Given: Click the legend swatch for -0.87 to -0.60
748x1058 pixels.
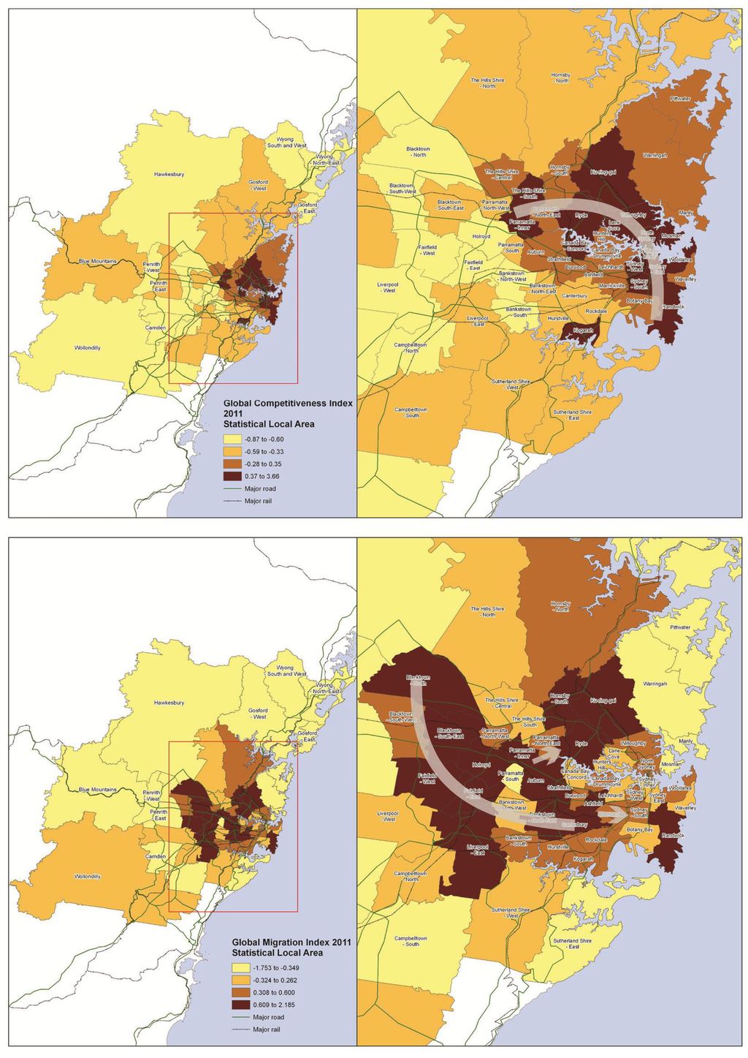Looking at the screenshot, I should [232, 439].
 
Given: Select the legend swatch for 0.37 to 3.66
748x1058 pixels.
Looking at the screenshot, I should [232, 476].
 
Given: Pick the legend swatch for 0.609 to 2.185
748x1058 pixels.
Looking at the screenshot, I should [240, 1005].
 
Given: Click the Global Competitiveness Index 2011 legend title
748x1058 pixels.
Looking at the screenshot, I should [288, 413].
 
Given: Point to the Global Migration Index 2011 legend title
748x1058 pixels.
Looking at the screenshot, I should [291, 948].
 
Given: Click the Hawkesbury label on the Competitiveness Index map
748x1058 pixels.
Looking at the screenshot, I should [169, 175].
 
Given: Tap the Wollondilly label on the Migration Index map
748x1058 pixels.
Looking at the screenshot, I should [88, 876].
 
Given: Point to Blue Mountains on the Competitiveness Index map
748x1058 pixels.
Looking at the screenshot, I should [98, 261].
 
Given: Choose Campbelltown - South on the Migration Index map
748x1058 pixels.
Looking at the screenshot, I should [412, 940].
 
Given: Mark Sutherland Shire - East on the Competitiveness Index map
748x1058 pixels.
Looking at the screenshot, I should [572, 415].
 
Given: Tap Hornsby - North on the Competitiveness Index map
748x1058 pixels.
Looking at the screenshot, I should [561, 78].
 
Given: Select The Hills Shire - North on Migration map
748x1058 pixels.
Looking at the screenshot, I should [487, 611].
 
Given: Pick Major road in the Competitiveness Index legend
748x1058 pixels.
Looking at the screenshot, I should [260, 488].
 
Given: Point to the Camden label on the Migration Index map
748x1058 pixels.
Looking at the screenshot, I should [156, 856].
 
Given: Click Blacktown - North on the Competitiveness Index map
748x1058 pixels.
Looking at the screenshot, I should [419, 151].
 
